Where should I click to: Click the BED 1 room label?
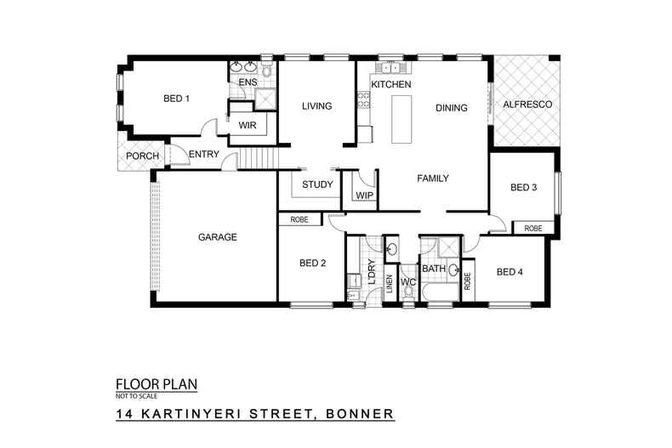pos(176,99)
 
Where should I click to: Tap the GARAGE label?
pos(217,237)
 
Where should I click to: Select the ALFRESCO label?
pos(527,104)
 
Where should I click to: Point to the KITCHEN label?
pos(391,86)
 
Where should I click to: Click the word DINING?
pos(452,108)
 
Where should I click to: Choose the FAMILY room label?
pos(432,179)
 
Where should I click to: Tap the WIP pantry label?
pos(364,196)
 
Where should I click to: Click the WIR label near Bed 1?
pos(248,126)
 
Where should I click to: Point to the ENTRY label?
pos(204,154)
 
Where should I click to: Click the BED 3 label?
pos(523,187)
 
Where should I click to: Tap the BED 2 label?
pos(312,263)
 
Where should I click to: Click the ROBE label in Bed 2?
pos(299,219)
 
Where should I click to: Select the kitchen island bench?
pos(398,118)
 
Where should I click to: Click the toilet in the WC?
pos(407,292)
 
